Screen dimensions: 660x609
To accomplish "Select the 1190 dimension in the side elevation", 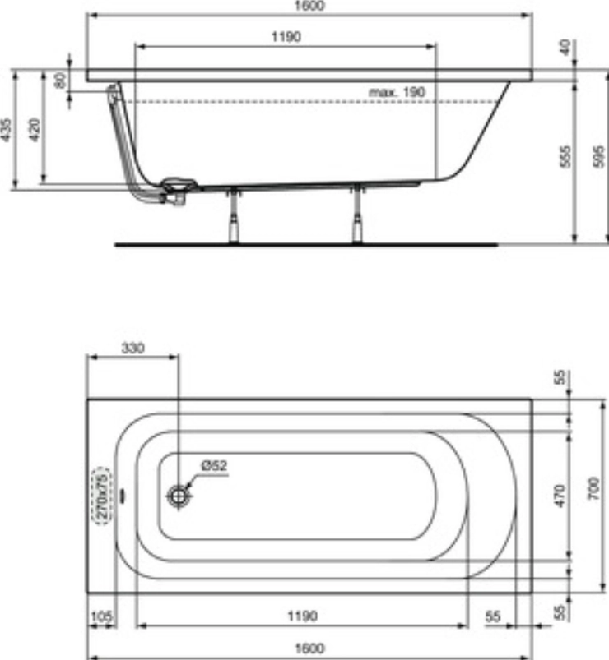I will tap(285, 36).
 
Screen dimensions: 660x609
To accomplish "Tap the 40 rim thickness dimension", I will tap(565, 47).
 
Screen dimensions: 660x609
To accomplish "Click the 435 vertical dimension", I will tap(7, 129).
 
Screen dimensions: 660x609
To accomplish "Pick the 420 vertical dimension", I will tap(35, 129).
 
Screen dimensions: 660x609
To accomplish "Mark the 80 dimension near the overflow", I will tap(59, 81).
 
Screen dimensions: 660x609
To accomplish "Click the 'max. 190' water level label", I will tap(397, 92).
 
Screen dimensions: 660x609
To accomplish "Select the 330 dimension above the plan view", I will tap(132, 348).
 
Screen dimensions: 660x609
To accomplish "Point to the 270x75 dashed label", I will tap(102, 496).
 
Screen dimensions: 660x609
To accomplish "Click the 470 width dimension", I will tap(560, 495).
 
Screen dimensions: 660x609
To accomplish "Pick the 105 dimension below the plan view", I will tap(100, 615).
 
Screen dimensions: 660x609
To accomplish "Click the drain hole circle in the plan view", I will tap(178, 496).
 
